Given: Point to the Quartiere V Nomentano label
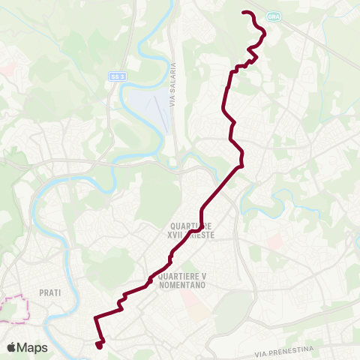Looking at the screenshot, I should coord(183,279).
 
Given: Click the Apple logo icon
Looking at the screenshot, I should coord(12,347).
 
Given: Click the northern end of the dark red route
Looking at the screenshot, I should coord(243,12).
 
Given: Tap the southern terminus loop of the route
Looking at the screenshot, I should coord(100,344).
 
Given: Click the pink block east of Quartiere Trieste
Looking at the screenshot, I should coord(274,242).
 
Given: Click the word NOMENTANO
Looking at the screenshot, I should coord(183,283).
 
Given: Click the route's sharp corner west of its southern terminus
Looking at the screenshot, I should coord(94,319).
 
